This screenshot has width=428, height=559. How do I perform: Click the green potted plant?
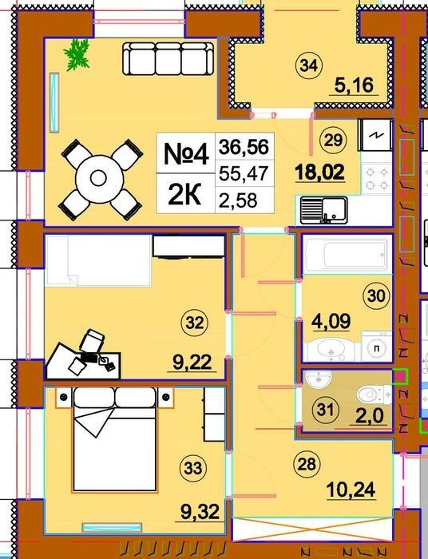(77, 54)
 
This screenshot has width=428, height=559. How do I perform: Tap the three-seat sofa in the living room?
(168, 58)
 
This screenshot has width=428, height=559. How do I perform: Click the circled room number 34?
(309, 65)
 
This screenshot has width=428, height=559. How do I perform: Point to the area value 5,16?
(354, 85)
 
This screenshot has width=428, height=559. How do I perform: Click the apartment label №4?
(186, 154)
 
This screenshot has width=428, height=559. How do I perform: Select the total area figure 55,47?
(244, 173)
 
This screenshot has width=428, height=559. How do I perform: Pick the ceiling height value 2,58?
(238, 200)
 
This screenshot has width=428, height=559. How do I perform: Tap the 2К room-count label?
(184, 195)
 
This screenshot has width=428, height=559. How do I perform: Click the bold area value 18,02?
(319, 172)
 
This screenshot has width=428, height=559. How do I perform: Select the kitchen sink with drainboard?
(323, 211)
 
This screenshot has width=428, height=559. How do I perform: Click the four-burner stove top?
(377, 179)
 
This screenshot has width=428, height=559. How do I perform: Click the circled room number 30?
(376, 295)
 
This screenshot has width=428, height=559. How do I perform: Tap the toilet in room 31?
(373, 395)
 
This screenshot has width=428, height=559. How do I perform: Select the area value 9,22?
(192, 363)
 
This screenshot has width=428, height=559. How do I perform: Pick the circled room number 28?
(307, 464)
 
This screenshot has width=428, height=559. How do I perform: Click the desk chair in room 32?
(93, 340)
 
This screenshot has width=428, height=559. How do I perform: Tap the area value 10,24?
(351, 490)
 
